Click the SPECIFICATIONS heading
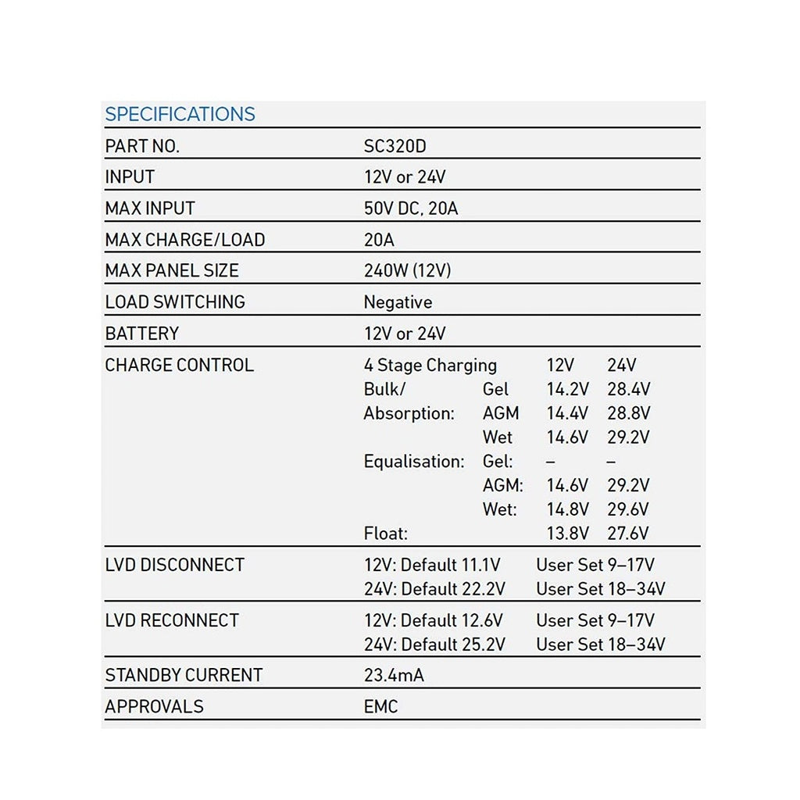tap(180, 114)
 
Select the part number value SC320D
tap(395, 146)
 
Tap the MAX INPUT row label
tap(150, 209)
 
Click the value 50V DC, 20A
tap(411, 209)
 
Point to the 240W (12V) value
tap(407, 271)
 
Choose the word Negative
tap(398, 302)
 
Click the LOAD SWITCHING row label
tap(175, 302)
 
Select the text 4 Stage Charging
tap(430, 365)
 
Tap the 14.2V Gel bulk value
tap(567, 389)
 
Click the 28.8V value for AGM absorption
tap(629, 413)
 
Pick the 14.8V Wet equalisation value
tap(567, 509)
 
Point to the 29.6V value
tap(629, 509)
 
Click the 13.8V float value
tap(567, 534)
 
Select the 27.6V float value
tap(629, 534)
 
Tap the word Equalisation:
tap(414, 462)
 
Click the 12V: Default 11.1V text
tap(432, 565)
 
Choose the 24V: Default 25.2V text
tap(434, 645)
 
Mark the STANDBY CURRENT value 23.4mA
tap(394, 675)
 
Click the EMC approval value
tap(380, 707)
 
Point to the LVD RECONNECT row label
tap(172, 620)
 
